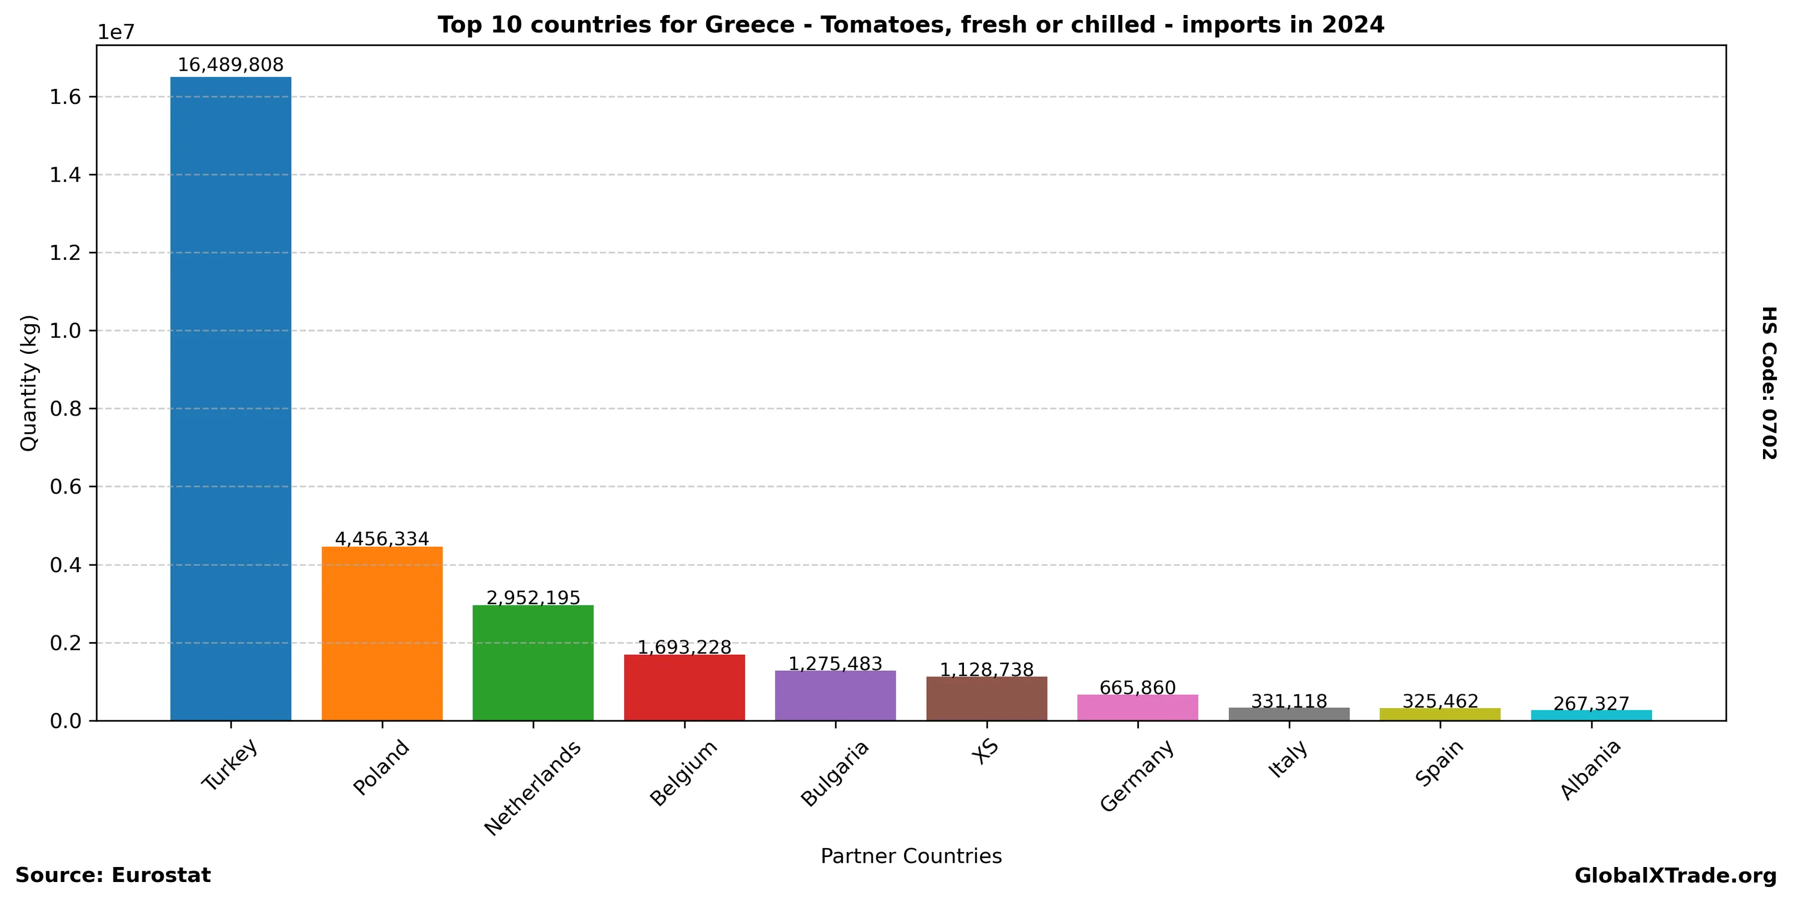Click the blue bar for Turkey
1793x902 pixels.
[230, 398]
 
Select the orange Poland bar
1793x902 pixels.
[381, 633]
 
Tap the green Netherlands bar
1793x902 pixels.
[533, 663]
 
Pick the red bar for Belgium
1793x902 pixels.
[684, 687]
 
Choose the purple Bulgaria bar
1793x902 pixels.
[835, 695]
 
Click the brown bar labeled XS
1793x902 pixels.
[986, 698]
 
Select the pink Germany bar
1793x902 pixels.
[1137, 707]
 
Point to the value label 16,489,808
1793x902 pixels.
[230, 65]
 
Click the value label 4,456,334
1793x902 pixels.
[381, 539]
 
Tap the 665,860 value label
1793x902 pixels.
[1137, 688]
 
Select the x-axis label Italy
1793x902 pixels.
[1288, 759]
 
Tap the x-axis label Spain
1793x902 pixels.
[1439, 764]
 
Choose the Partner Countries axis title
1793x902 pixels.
[911, 856]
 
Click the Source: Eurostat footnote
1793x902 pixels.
[113, 875]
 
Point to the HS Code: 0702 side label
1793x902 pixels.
[1769, 383]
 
